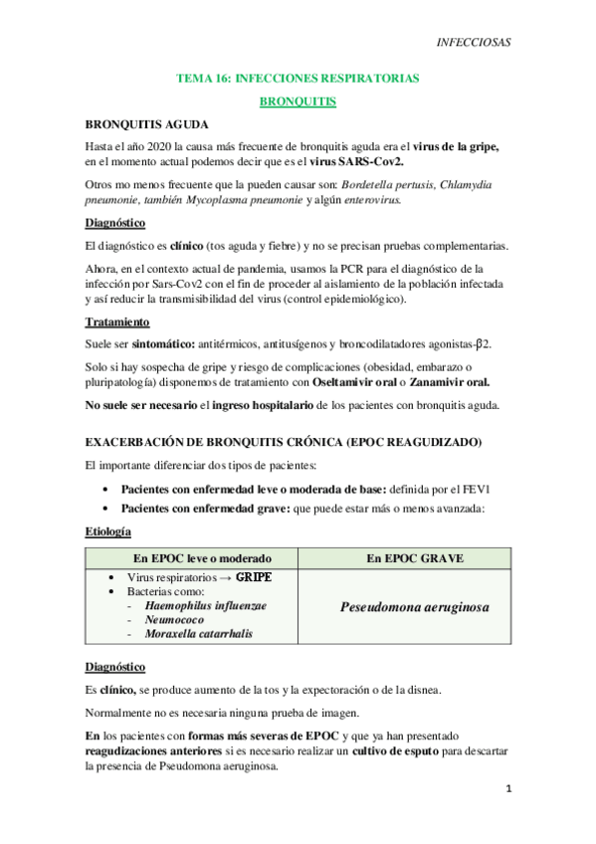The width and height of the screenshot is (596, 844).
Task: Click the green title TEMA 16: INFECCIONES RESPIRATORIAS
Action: (298, 78)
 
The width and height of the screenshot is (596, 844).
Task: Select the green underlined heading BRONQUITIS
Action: (298, 102)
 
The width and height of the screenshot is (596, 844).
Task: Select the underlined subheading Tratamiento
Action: (117, 322)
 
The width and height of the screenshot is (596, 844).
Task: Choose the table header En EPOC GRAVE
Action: (413, 558)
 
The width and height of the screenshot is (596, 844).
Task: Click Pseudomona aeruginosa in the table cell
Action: (413, 606)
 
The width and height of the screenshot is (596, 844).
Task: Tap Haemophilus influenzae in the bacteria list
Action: (205, 605)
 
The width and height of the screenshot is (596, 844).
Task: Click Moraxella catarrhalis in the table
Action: (197, 633)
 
